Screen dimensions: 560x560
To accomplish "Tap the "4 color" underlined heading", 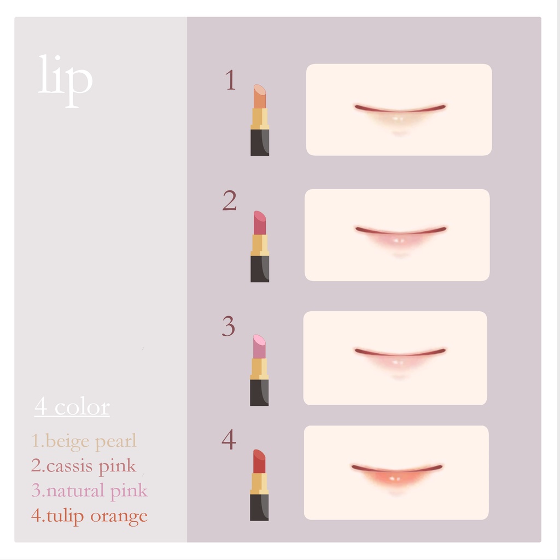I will (72, 407).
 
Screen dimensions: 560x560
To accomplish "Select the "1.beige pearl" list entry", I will (84, 441).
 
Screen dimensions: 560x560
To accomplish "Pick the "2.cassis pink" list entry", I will (84, 466).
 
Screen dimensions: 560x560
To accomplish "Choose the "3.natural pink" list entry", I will (89, 491).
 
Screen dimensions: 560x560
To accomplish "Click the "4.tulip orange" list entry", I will (89, 516).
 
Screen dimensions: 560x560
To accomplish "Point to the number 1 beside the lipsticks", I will (230, 80).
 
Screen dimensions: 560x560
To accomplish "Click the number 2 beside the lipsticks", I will (230, 201).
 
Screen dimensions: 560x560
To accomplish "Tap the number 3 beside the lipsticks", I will (229, 326).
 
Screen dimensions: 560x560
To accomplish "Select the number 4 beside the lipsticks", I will (229, 440).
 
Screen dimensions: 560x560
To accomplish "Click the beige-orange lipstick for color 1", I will (260, 120).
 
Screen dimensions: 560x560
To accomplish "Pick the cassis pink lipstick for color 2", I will (260, 246).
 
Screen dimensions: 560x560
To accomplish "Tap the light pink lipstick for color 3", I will (259, 370).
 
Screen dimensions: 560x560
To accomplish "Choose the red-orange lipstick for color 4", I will (259, 485).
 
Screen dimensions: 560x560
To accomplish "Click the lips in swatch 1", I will (400, 113).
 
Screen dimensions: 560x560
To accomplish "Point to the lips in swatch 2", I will (400, 236).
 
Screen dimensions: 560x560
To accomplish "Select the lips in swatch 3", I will (400, 359).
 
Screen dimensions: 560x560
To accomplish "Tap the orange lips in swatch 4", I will (397, 476).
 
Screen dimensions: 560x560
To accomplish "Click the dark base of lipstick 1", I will (260, 142).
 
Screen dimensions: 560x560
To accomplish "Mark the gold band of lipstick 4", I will (259, 483).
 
